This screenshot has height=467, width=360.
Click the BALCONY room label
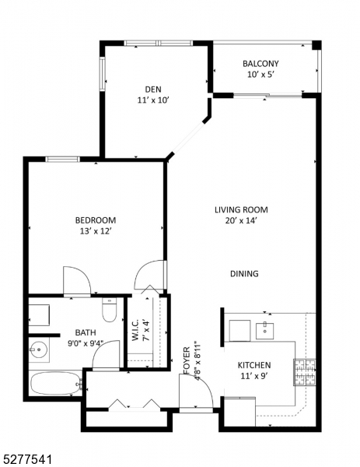tap(260, 64)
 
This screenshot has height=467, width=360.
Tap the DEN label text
tap(152, 88)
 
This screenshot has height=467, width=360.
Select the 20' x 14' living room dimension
tap(241, 221)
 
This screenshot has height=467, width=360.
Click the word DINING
tap(244, 274)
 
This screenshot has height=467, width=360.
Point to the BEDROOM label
tap(96, 220)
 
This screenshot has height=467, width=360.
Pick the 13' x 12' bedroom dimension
tap(96, 231)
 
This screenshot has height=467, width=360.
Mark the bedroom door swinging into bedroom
tap(76, 281)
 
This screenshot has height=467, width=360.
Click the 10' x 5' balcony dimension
tap(260, 75)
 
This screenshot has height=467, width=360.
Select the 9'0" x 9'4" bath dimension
tap(86, 343)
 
